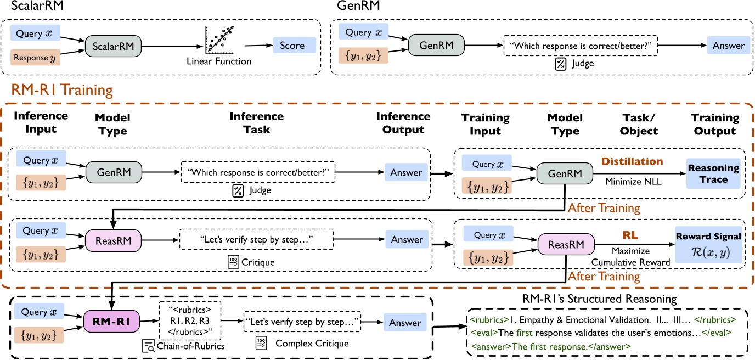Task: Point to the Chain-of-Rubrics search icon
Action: (148, 346)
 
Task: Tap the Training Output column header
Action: (714, 125)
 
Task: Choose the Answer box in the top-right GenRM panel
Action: (728, 46)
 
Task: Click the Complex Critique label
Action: (312, 344)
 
